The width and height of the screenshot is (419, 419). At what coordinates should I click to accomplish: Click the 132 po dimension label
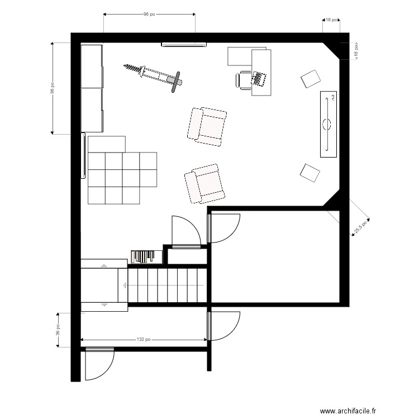[144, 339]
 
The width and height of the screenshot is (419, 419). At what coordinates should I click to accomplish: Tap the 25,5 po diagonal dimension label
[360, 227]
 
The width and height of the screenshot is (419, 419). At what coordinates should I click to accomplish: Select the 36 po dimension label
[58, 330]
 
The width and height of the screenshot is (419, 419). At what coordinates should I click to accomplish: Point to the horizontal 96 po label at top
[149, 14]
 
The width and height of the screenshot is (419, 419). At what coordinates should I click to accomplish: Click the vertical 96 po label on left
[53, 88]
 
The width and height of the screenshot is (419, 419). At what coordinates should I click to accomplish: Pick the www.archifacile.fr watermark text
[347, 411]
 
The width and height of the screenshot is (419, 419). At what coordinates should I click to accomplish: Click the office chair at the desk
[243, 80]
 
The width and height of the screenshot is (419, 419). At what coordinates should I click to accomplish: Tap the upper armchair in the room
[207, 127]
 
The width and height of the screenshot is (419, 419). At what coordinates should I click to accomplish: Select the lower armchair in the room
[204, 184]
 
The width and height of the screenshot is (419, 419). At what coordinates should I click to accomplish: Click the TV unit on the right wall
[328, 124]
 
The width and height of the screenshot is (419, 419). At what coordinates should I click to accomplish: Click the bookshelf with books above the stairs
[146, 257]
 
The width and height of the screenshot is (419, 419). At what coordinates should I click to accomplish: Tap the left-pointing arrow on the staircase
[125, 285]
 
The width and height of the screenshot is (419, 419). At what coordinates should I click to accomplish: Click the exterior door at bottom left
[99, 364]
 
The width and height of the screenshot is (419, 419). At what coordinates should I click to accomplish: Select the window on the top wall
[184, 44]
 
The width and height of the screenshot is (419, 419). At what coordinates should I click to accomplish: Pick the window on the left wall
[83, 155]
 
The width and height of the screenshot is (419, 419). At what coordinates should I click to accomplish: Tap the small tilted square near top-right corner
[310, 79]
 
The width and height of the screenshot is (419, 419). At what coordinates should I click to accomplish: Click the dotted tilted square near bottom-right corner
[310, 173]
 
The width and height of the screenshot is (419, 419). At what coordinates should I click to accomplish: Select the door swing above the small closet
[186, 232]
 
